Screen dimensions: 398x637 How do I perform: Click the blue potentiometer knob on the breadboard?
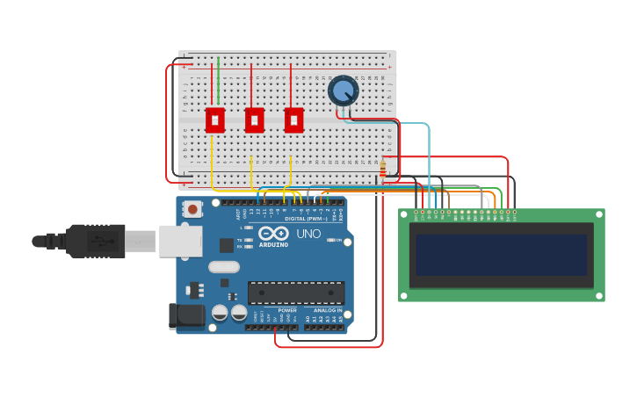pos(343,90)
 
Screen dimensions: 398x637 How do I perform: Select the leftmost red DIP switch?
pos(214,119)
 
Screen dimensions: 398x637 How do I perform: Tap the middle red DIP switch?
pos(254,119)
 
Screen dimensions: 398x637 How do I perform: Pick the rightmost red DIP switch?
pos(293,119)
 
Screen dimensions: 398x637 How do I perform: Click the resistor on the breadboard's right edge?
pos(382,169)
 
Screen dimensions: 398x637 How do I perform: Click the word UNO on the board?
pos(308,234)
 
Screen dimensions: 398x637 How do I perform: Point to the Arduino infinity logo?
pos(273,234)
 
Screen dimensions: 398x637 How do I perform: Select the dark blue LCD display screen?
pos(501,255)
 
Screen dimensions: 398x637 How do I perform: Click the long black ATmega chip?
pos(295,292)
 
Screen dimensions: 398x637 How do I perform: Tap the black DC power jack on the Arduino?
pos(187,315)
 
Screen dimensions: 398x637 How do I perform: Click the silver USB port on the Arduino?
pos(180,241)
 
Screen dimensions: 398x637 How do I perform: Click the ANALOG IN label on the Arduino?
pos(328,310)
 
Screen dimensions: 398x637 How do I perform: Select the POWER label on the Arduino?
pos(287,310)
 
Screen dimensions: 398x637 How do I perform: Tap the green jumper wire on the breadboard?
pos(219,79)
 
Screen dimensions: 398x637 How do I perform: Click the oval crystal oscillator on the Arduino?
pos(224,266)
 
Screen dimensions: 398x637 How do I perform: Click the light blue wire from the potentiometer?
pos(428,149)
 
